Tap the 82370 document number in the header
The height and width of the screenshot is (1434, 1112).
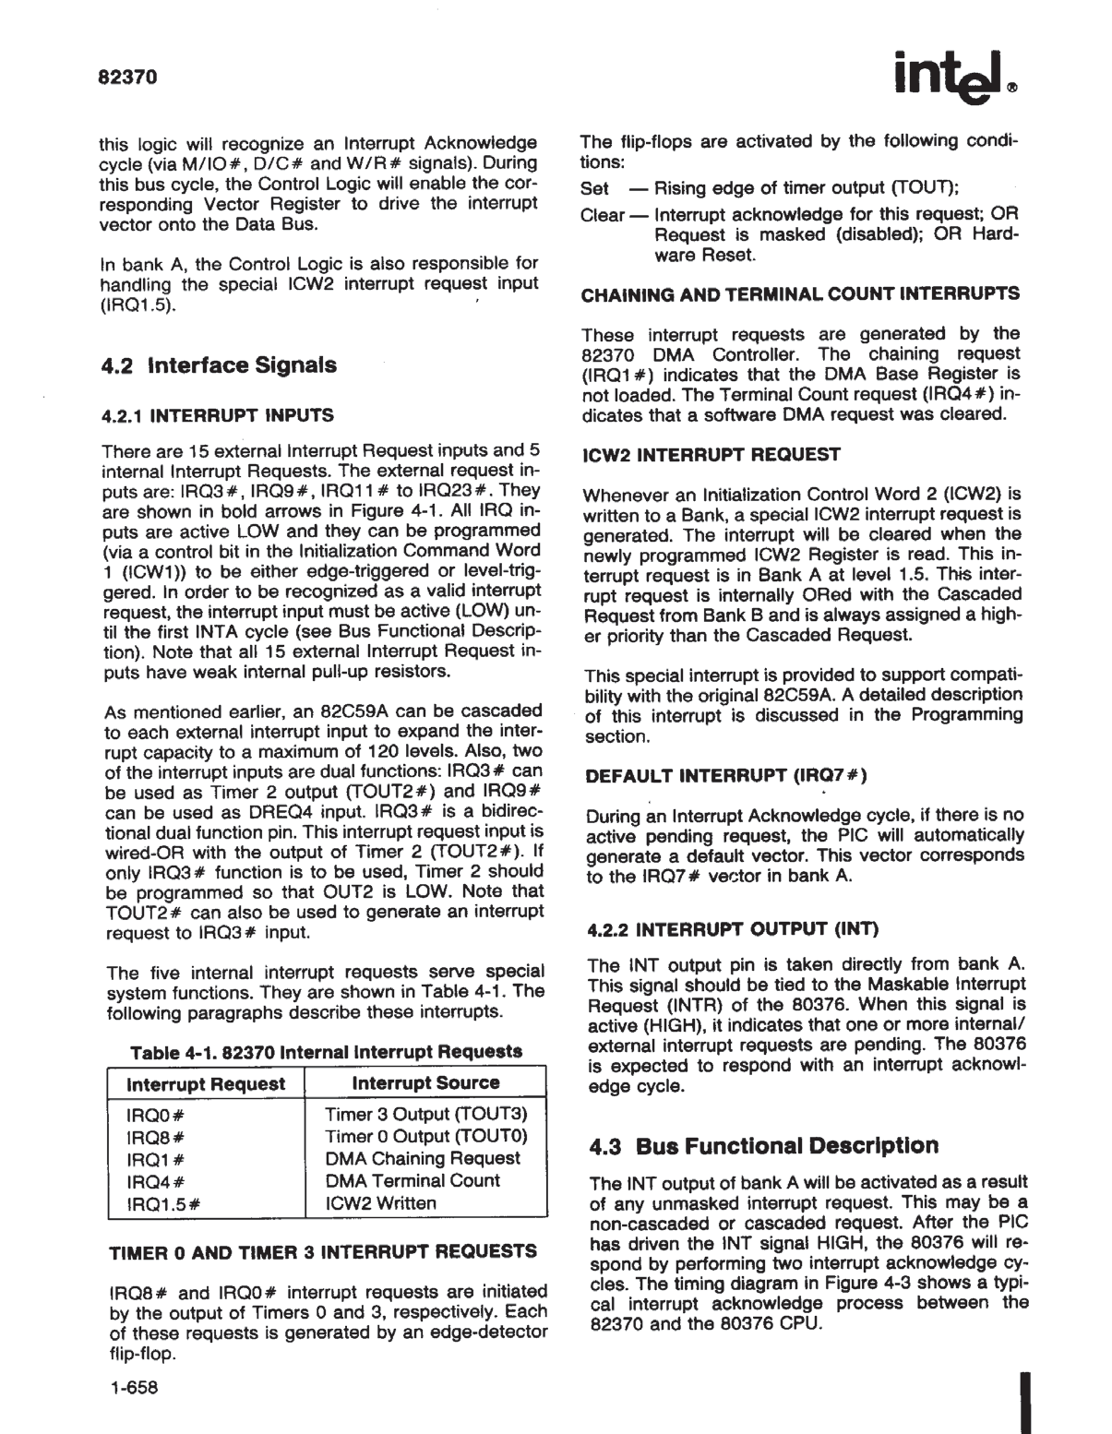(128, 77)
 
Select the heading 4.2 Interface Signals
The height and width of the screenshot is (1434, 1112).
(219, 365)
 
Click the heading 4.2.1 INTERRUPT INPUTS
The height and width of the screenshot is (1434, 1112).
(218, 415)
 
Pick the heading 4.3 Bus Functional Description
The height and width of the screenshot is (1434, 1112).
(764, 1146)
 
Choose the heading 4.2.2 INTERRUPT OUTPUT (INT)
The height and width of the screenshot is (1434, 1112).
(733, 928)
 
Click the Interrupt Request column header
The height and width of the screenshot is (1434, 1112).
(206, 1084)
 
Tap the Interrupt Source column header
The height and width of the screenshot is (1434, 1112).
(425, 1083)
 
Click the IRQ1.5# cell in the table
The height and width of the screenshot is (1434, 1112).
(163, 1203)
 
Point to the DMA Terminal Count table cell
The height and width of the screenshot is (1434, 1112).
(413, 1181)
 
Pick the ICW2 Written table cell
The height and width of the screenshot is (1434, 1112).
(381, 1203)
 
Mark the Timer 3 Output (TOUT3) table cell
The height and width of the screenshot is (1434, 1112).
(425, 1115)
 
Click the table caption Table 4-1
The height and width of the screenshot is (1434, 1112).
(327, 1052)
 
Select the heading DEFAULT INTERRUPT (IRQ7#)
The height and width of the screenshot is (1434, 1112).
(726, 775)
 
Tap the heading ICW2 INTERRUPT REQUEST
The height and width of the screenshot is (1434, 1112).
(711, 454)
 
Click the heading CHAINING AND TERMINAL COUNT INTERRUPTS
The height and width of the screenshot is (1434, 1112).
(800, 294)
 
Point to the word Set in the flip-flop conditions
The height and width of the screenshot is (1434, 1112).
(595, 188)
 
